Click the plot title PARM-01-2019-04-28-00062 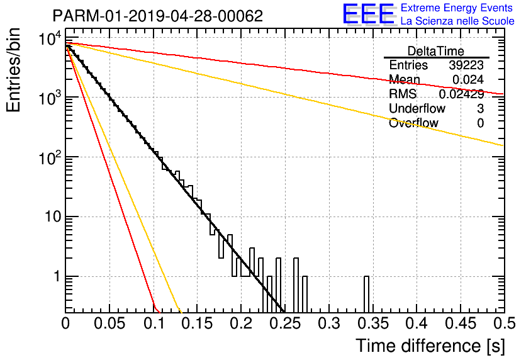coord(158,16)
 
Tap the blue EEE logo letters coord(369,14)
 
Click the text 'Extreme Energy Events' coord(457,8)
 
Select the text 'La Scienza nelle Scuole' coord(457,21)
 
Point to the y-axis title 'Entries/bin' coord(13,70)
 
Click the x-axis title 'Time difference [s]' coord(430,346)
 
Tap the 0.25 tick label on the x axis coord(285,323)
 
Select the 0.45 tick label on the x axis coord(461,323)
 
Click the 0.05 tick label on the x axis coord(109,323)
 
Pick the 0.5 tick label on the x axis coord(504,323)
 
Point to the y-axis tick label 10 coord(53,217)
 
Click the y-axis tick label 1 coord(57,276)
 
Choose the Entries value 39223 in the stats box coord(466,65)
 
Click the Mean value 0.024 coord(468,79)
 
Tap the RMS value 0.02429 coord(462,94)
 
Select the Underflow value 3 coord(480,108)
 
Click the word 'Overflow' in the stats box coord(413,123)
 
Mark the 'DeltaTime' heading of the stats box coord(436,51)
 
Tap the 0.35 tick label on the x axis coord(373,323)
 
